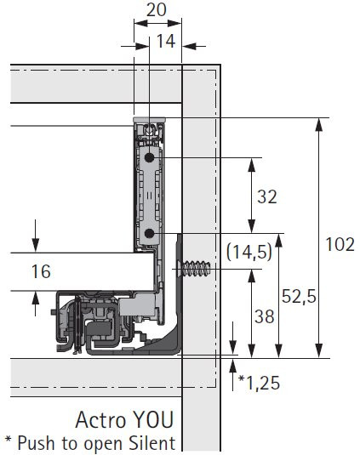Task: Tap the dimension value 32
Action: (266, 197)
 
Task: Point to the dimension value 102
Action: (340, 245)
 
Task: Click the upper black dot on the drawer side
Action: (149, 158)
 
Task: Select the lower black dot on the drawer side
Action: (149, 232)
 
